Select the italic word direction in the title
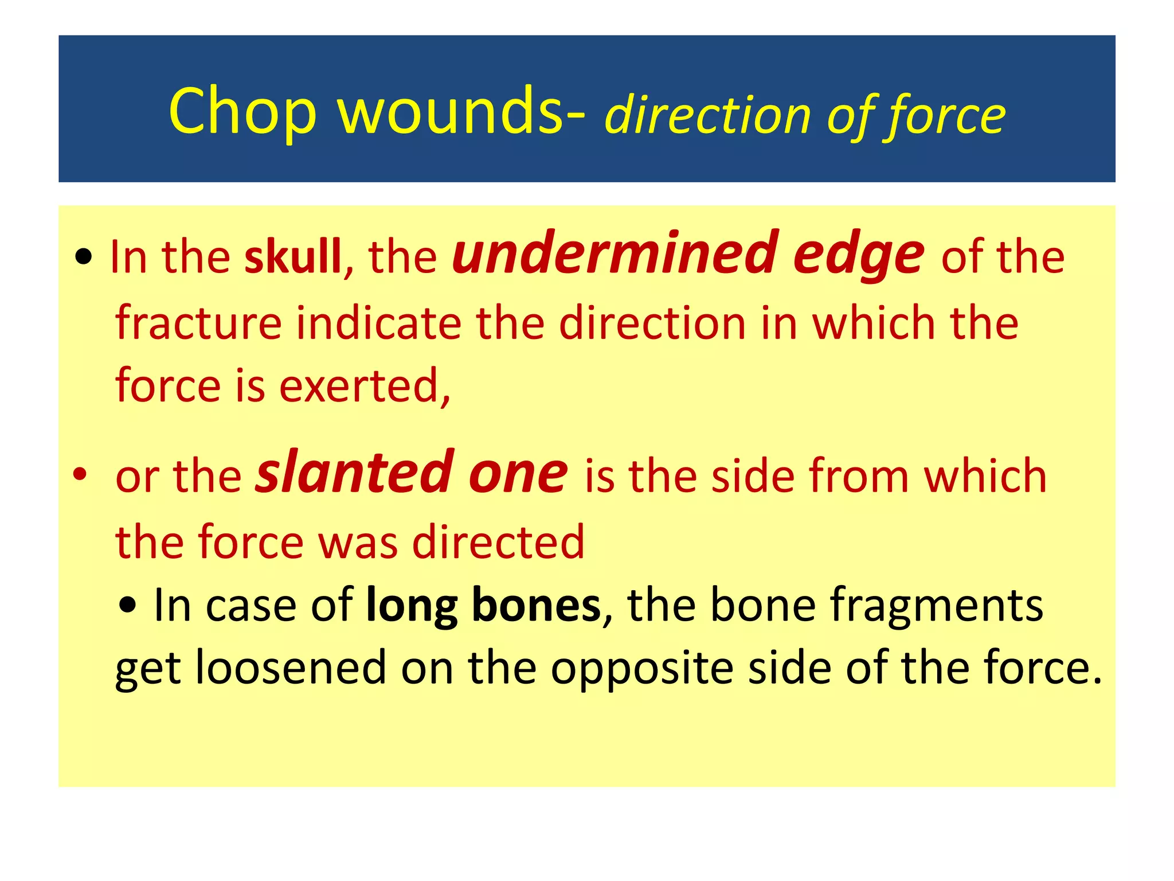(x=707, y=115)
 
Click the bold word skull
(x=293, y=256)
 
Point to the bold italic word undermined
(x=615, y=253)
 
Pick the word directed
(x=498, y=541)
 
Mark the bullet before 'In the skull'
(x=84, y=258)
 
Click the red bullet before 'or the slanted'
(x=80, y=475)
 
